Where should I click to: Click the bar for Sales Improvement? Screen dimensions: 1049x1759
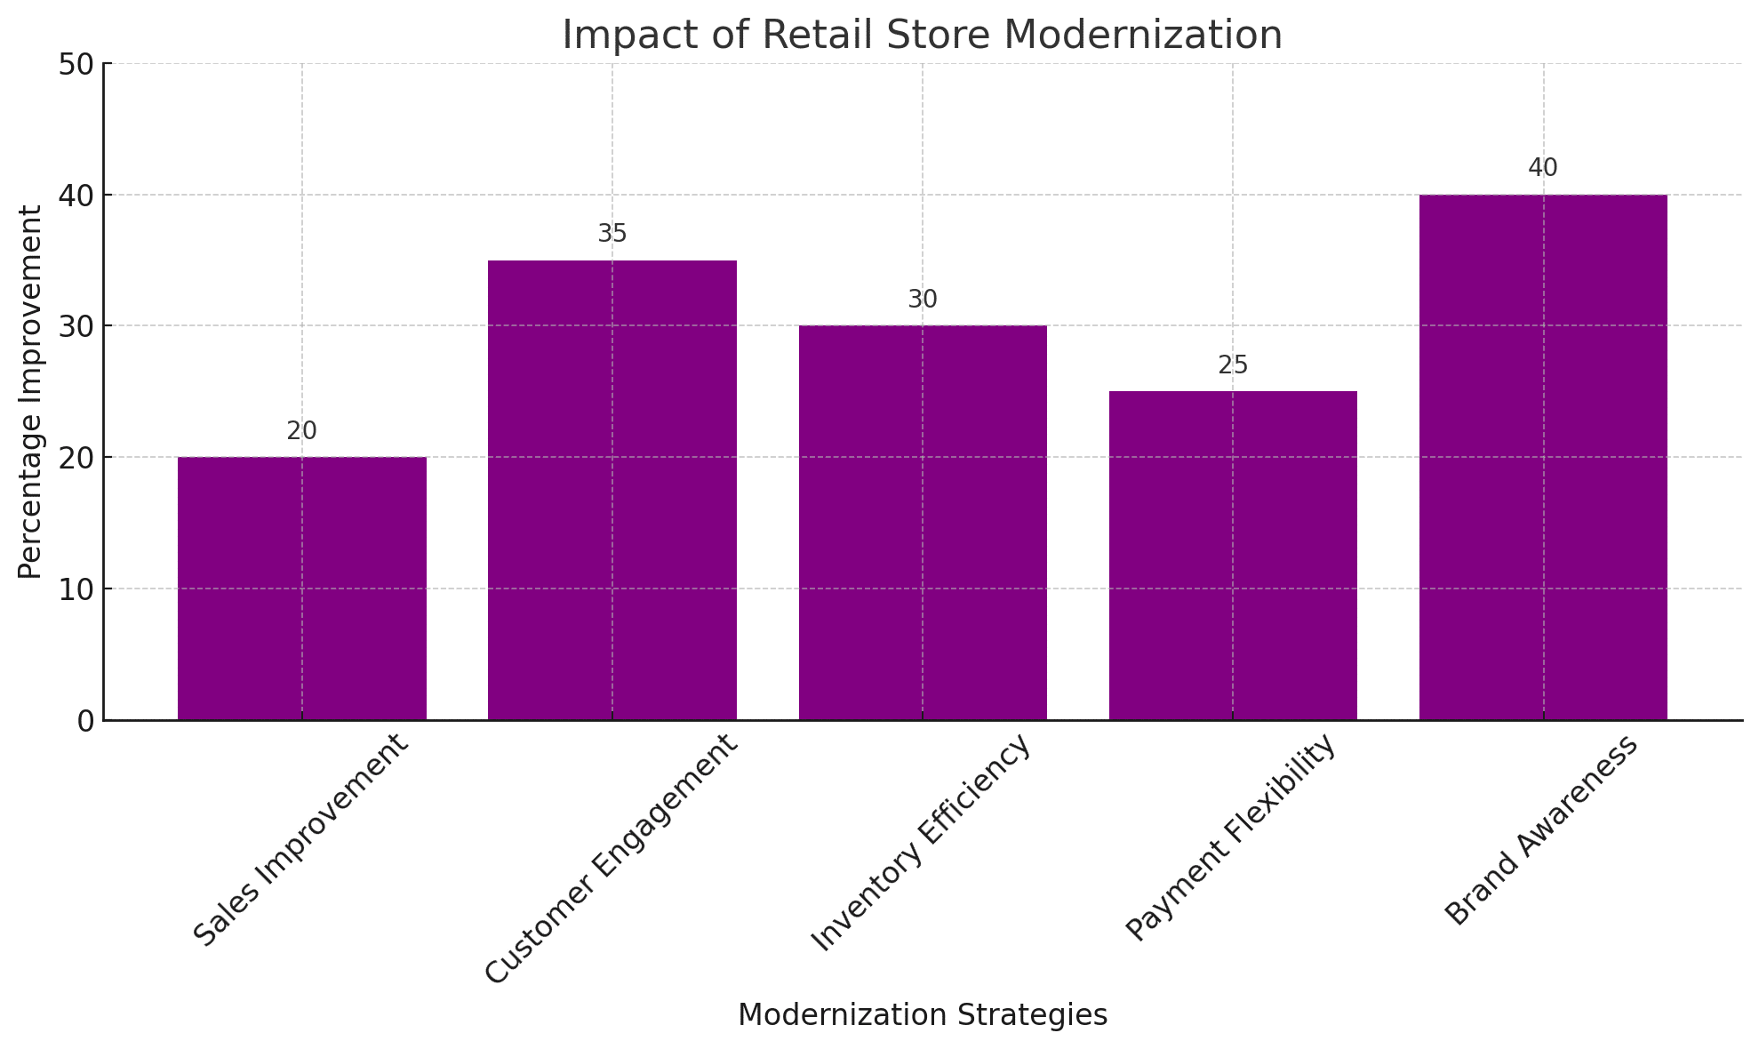[301, 589]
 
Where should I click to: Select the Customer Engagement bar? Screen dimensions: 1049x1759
[612, 490]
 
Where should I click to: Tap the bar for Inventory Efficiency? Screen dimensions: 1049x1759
[922, 523]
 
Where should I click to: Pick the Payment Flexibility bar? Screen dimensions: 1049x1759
[1232, 556]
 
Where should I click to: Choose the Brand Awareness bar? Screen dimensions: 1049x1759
[1542, 457]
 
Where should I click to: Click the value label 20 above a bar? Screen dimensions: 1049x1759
[301, 431]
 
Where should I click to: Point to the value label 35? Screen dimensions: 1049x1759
[612, 234]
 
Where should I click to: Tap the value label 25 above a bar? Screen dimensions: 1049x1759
[1233, 365]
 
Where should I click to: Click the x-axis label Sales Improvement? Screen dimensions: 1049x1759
[303, 840]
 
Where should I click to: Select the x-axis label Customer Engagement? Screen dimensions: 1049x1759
[612, 859]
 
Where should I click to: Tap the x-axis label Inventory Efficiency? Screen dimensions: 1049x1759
[923, 842]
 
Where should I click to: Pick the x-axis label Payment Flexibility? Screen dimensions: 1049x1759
[1231, 838]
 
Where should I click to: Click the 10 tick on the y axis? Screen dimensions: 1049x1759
[78, 589]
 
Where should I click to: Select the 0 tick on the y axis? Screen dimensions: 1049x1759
[86, 721]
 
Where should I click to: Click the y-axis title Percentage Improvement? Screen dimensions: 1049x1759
[30, 392]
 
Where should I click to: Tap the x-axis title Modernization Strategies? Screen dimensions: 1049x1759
[922, 1015]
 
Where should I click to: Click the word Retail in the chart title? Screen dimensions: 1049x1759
[804, 36]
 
